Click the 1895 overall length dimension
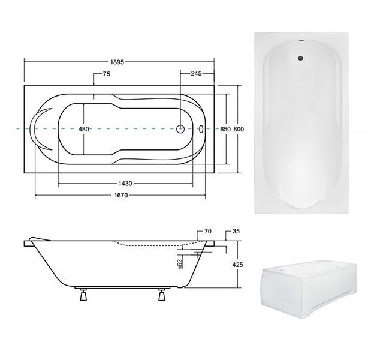pyautogui.click(x=117, y=62)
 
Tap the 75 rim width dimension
pyautogui.click(x=106, y=74)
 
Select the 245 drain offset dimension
pyautogui.click(x=196, y=74)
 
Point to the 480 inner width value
pyautogui.click(x=84, y=129)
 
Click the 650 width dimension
pyautogui.click(x=225, y=129)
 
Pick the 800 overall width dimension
pyautogui.click(x=239, y=129)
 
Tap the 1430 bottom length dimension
pyautogui.click(x=125, y=183)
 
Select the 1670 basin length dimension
pyautogui.click(x=121, y=195)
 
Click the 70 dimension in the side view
pyautogui.click(x=208, y=231)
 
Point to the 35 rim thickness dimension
pyautogui.click(x=236, y=231)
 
